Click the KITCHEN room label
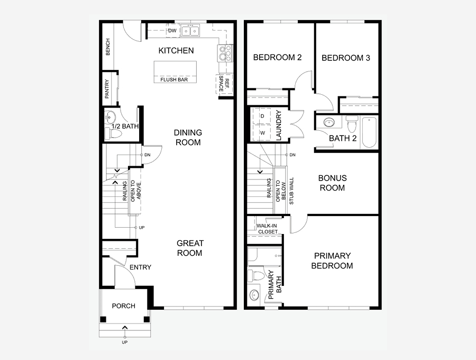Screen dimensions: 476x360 (176, 50)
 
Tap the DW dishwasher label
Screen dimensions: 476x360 (172, 31)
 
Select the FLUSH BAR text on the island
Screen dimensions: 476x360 (174, 79)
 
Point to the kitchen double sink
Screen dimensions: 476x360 (190, 31)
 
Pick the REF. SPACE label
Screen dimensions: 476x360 (224, 84)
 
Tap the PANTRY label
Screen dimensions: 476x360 (107, 89)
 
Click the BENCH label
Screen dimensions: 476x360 (108, 47)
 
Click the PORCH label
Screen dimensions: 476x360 (124, 306)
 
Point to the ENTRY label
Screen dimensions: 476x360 (140, 267)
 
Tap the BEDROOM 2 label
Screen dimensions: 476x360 (278, 57)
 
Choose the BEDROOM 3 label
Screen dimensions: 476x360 (346, 58)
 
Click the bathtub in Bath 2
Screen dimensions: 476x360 (370, 132)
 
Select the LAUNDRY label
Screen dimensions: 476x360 (279, 125)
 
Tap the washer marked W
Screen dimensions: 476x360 (262, 133)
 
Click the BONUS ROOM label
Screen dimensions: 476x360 (333, 183)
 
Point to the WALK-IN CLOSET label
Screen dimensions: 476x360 (267, 229)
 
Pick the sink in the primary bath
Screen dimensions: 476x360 (254, 295)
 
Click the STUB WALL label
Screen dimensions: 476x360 (292, 191)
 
